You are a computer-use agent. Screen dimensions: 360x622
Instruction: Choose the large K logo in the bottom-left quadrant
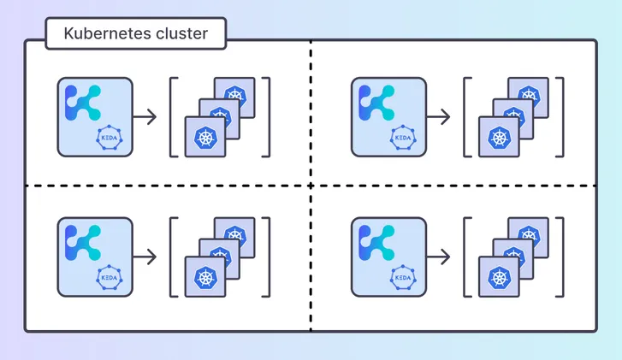pyautogui.click(x=83, y=242)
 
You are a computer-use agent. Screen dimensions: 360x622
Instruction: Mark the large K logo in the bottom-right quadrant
pyautogui.click(x=376, y=242)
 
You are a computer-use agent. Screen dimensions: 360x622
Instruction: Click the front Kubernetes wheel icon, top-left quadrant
pyautogui.click(x=205, y=137)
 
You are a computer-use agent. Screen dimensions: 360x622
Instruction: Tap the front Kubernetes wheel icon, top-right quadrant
pyautogui.click(x=499, y=137)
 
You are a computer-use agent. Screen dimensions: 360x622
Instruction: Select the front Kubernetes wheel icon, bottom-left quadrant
pyautogui.click(x=205, y=277)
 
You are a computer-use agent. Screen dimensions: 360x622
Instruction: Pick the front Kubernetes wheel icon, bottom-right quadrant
pyautogui.click(x=499, y=277)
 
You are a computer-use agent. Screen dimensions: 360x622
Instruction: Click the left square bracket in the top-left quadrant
pyautogui.click(x=173, y=117)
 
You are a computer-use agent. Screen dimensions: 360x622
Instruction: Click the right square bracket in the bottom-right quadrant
pyautogui.click(x=560, y=257)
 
